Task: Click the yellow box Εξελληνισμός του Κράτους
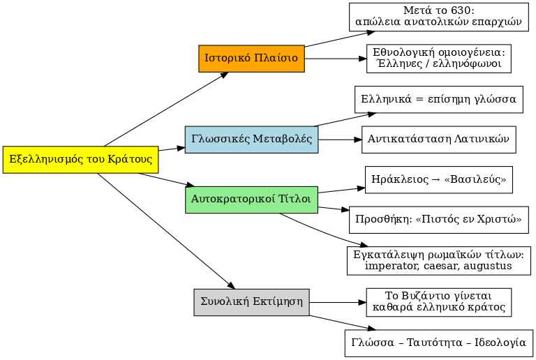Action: pos(81,160)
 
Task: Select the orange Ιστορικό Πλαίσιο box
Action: pos(251,58)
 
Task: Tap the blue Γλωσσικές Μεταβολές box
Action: pos(251,140)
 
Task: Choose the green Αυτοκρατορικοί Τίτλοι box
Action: pos(251,200)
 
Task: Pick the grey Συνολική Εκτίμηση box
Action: pos(251,302)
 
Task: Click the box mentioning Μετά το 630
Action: pos(438,16)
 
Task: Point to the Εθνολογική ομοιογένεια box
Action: pos(438,59)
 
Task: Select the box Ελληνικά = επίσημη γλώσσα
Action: pos(438,99)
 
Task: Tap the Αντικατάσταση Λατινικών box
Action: pos(438,140)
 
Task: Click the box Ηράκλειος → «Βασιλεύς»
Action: pos(438,180)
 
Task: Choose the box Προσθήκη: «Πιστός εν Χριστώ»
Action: pos(438,219)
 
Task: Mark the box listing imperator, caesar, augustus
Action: pos(438,260)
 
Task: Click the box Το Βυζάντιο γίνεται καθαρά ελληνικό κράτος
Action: pos(438,302)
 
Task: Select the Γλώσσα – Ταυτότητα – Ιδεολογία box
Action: pos(438,343)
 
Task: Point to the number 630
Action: pos(463,10)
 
